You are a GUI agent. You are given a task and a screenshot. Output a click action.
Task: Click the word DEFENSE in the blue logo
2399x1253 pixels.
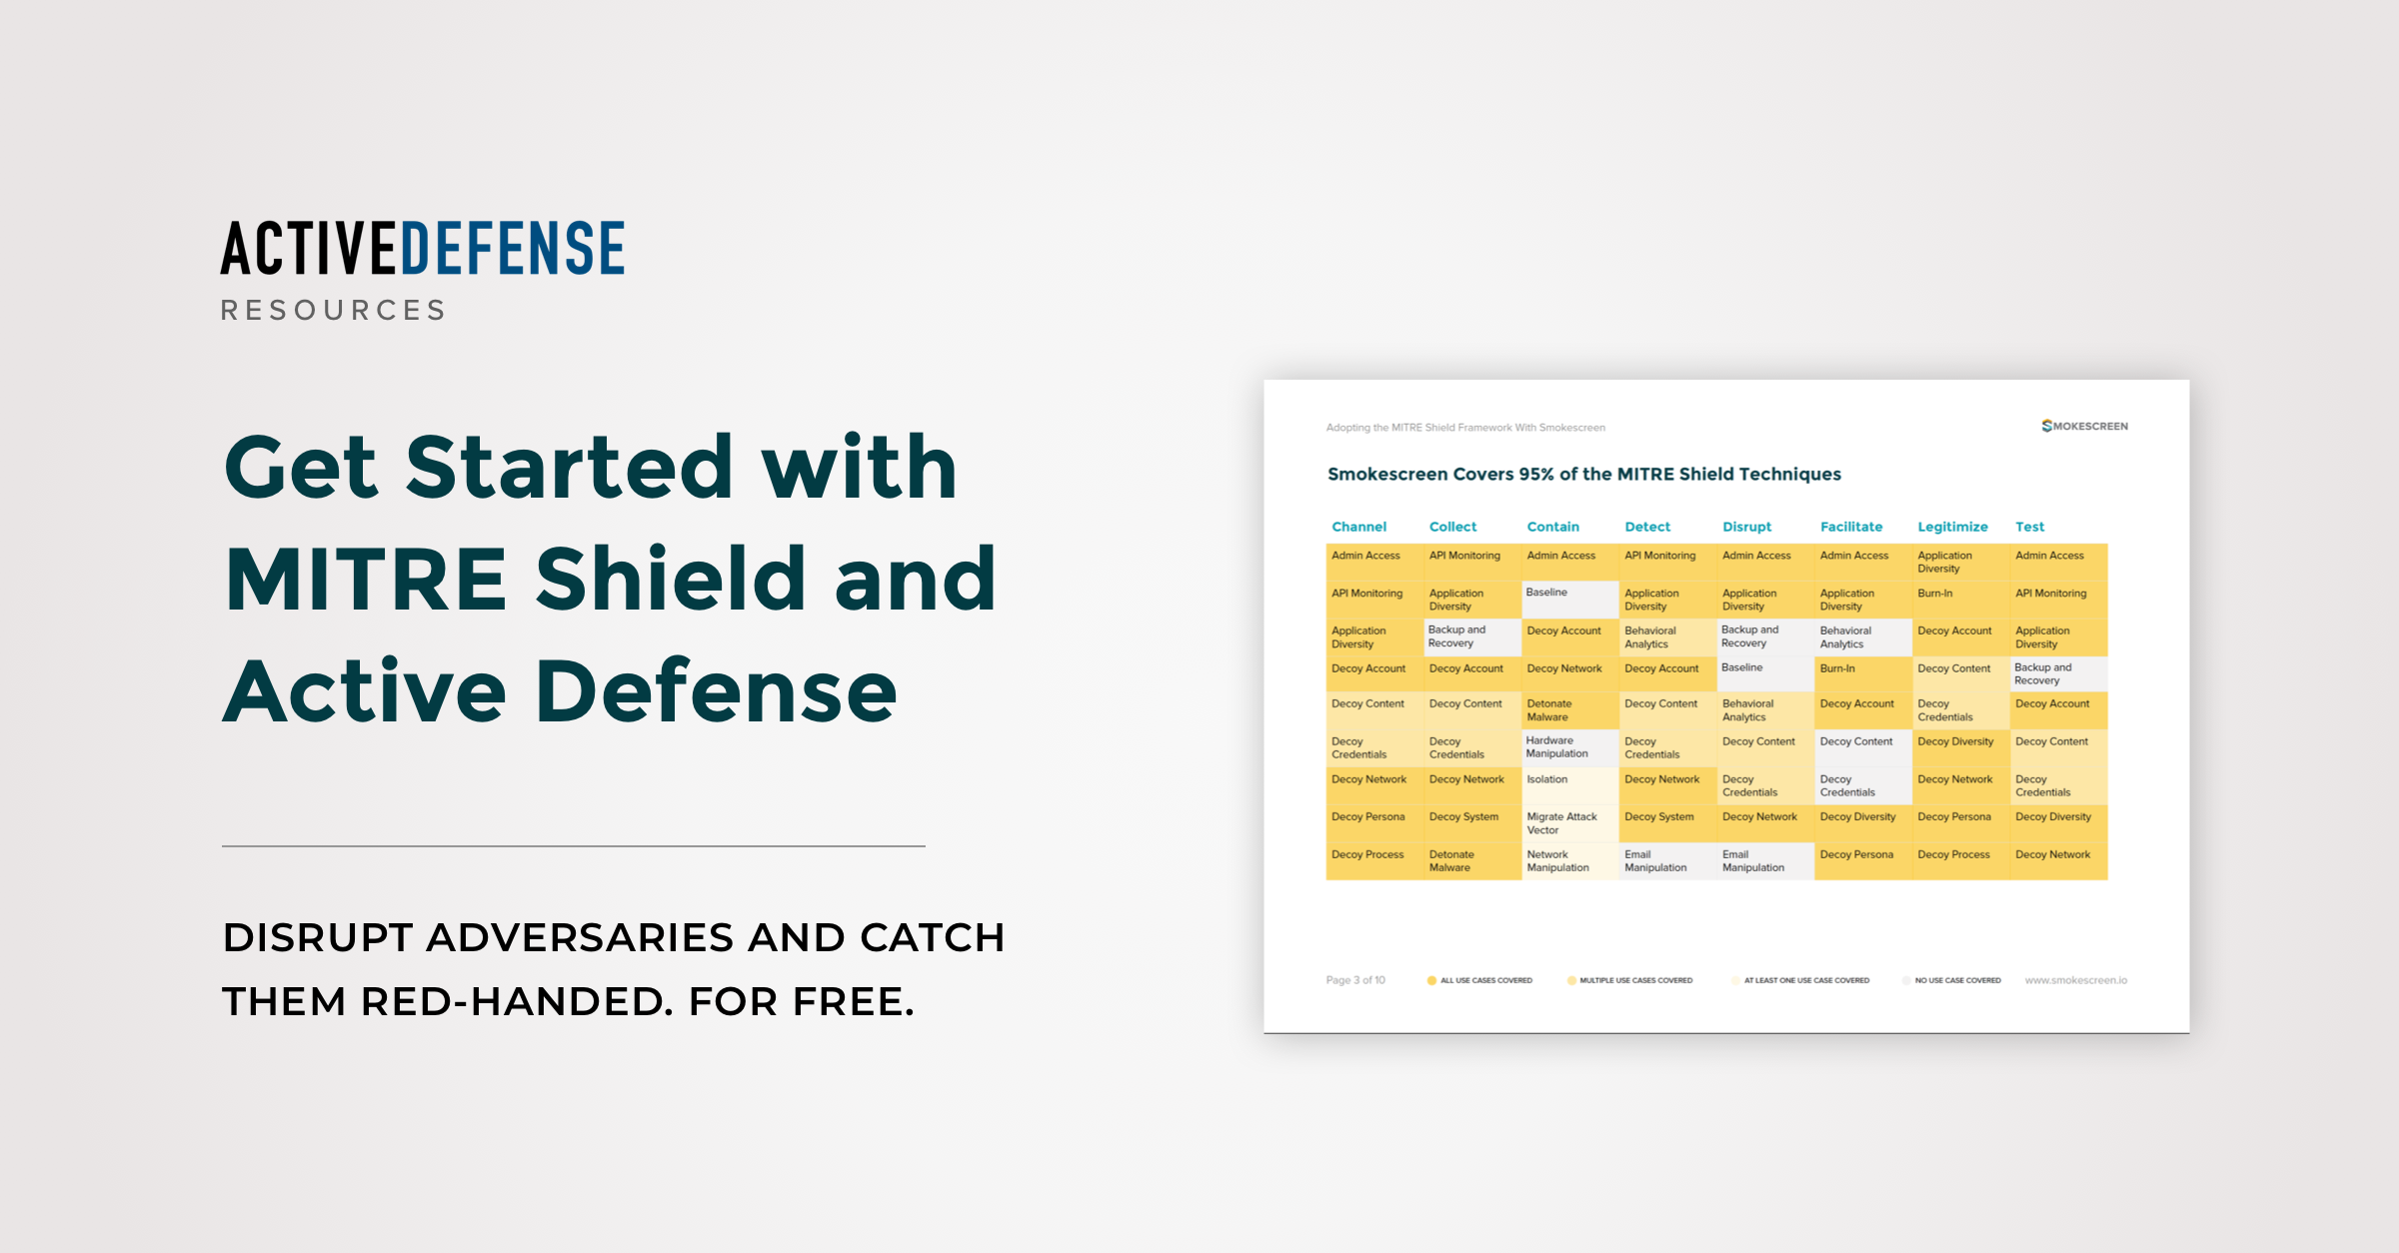coord(513,249)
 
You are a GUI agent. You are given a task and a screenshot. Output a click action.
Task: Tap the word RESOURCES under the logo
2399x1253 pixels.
coord(334,311)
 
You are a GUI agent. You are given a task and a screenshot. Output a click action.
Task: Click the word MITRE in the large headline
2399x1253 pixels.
coord(366,579)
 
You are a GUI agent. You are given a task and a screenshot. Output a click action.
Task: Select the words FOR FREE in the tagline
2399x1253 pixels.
coord(801,1001)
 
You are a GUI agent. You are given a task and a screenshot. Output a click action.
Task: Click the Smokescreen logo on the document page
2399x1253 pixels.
coord(2084,427)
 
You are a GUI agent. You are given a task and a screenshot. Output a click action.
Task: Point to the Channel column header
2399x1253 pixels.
coord(1358,527)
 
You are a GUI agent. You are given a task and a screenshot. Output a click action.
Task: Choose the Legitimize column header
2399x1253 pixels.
coord(1952,527)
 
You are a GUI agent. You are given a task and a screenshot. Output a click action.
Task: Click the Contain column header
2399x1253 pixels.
coord(1552,527)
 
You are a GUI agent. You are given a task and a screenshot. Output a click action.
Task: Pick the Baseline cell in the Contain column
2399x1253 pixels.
coord(1547,593)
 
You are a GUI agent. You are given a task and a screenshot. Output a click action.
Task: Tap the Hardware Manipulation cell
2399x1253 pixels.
coord(1556,747)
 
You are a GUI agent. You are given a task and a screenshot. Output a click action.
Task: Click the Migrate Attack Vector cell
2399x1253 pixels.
coord(1561,823)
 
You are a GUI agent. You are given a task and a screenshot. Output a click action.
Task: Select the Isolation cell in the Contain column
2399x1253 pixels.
coord(1547,779)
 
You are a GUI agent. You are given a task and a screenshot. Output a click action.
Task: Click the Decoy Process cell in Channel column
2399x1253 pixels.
coord(1367,855)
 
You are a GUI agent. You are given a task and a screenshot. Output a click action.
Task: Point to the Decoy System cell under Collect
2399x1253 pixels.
coord(1463,817)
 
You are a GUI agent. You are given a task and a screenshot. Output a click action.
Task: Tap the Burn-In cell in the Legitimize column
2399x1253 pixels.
coord(1935,594)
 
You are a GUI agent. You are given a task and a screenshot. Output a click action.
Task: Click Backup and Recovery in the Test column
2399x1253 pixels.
coord(2042,674)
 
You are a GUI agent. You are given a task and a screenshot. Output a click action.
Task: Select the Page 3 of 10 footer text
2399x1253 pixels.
coord(1355,980)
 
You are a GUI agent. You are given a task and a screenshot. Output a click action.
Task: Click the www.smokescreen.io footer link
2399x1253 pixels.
coord(2076,980)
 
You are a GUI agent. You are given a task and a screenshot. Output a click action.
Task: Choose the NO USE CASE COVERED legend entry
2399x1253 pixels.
coord(1956,980)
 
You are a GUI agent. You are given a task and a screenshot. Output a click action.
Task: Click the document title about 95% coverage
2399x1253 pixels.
coord(1583,475)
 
